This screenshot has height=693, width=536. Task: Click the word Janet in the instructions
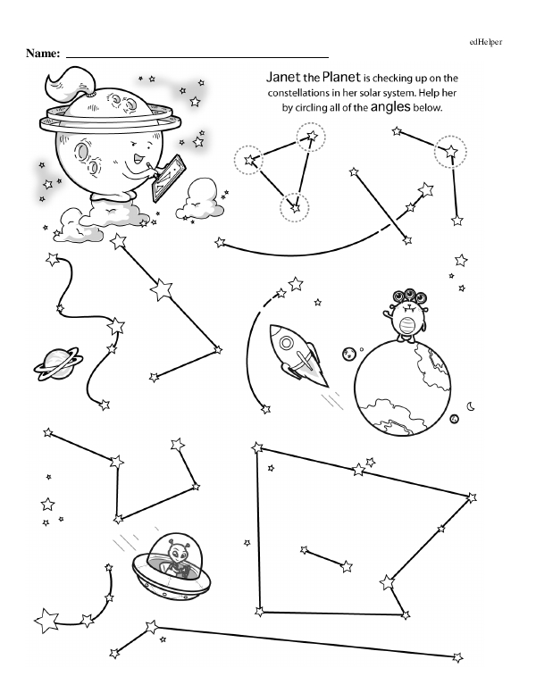(282, 78)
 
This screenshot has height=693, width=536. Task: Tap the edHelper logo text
(486, 42)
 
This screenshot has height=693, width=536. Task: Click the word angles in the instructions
(390, 106)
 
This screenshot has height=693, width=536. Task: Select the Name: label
(43, 53)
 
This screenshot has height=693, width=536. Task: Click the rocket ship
(297, 355)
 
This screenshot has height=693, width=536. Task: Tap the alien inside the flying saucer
(179, 555)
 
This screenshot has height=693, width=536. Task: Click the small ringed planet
(58, 363)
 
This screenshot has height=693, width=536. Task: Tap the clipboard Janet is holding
(168, 178)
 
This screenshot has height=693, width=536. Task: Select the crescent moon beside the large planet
(472, 405)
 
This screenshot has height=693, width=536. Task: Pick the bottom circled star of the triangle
(295, 207)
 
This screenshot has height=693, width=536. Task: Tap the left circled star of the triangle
(249, 160)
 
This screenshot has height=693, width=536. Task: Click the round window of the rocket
(287, 343)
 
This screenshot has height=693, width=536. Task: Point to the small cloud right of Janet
(199, 200)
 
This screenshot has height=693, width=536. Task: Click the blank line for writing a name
(197, 57)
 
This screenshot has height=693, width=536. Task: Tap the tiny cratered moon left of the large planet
(349, 353)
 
